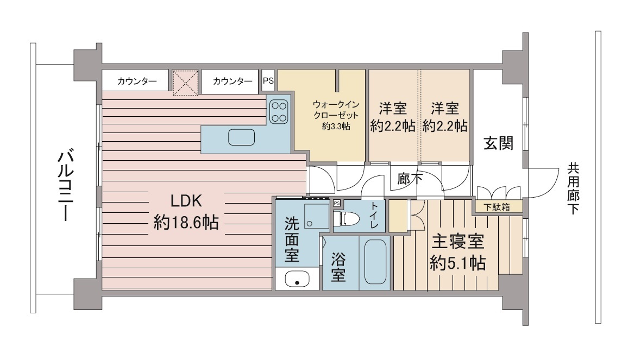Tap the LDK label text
[186, 200]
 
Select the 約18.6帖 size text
[186, 222]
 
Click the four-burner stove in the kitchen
[278, 112]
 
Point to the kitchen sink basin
[242, 137]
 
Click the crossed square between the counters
[185, 83]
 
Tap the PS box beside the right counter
[268, 80]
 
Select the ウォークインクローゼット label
[336, 110]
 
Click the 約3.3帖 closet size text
[336, 127]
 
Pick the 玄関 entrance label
[498, 143]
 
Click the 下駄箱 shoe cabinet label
[497, 207]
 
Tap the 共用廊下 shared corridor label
[573, 188]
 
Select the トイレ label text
[374, 216]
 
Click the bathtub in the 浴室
[375, 262]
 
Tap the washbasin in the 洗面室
[297, 279]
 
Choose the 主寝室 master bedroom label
[457, 242]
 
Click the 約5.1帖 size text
[458, 263]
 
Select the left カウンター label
[137, 81]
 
